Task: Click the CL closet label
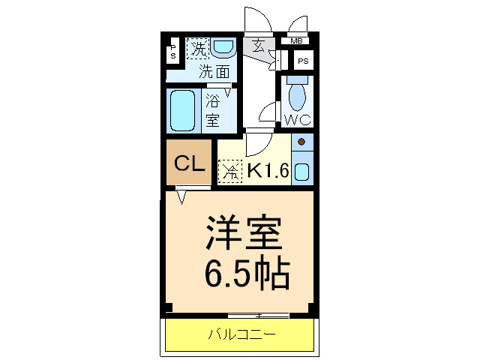pyautogui.click(x=190, y=163)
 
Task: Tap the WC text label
pyautogui.click(x=297, y=118)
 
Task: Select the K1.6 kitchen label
pyautogui.click(x=268, y=170)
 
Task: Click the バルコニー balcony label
pyautogui.click(x=241, y=334)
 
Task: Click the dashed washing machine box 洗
pyautogui.click(x=198, y=49)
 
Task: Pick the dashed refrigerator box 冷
pyautogui.click(x=230, y=171)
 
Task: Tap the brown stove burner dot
pyautogui.click(x=301, y=142)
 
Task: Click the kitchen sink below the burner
pyautogui.click(x=301, y=171)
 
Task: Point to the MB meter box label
pyautogui.click(x=297, y=40)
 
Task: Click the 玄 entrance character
pyautogui.click(x=258, y=46)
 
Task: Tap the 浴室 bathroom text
pyautogui.click(x=213, y=109)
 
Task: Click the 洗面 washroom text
pyautogui.click(x=214, y=72)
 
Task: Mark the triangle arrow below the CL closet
pyautogui.click(x=181, y=196)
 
